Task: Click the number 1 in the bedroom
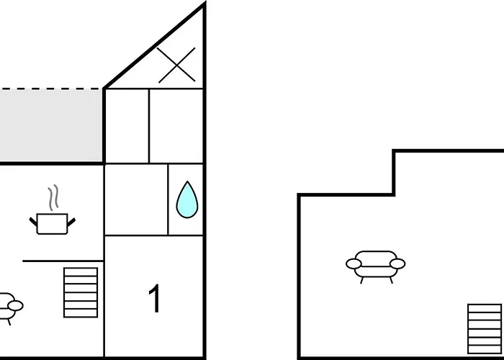click(154, 300)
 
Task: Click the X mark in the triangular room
click(176, 65)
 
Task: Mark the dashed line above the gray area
click(50, 89)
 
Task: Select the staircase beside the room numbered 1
click(81, 292)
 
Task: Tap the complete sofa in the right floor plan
click(375, 264)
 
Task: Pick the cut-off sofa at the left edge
click(9, 306)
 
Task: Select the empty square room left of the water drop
click(136, 199)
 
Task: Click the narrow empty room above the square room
click(127, 126)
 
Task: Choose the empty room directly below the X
click(176, 126)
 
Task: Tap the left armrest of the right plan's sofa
click(353, 264)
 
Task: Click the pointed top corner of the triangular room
click(204, 6)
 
